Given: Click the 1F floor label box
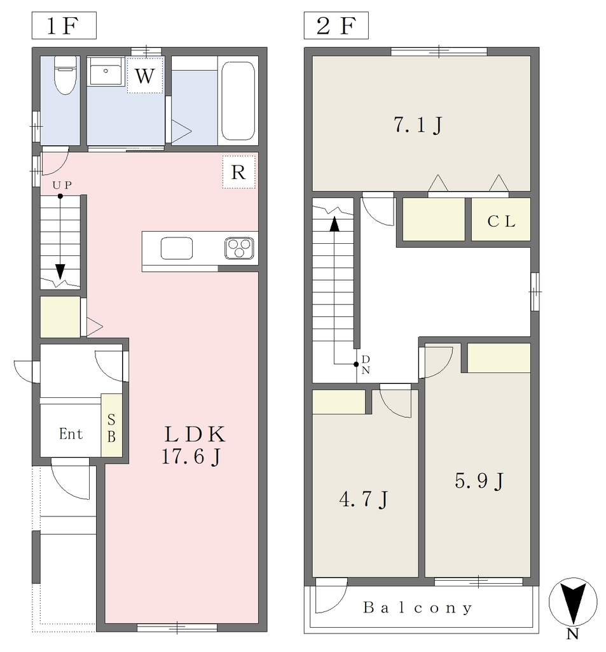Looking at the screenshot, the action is (64, 25).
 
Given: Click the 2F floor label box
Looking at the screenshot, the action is (336, 25).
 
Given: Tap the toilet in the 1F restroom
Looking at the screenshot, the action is (65, 75).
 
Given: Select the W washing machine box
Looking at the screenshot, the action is (144, 75).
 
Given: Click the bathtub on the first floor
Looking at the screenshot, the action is (238, 101).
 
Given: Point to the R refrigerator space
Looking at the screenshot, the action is (239, 172).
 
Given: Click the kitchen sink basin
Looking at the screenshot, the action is (177, 248).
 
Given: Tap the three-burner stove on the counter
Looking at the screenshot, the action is (239, 248).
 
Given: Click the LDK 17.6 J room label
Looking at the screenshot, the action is (194, 445).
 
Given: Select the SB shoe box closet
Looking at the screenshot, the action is (112, 425).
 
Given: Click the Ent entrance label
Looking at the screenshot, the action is (71, 434).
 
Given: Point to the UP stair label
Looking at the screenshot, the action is (62, 185).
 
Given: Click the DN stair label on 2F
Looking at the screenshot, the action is (366, 365).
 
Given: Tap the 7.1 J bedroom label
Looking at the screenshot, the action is (418, 125).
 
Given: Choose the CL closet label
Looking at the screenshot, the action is (501, 221).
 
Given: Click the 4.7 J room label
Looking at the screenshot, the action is (364, 499).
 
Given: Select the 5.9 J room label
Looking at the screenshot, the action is (479, 481).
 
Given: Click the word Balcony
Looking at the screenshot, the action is (418, 607).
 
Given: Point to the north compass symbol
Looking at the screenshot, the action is (573, 602).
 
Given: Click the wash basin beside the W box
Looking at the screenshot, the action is (106, 71).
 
